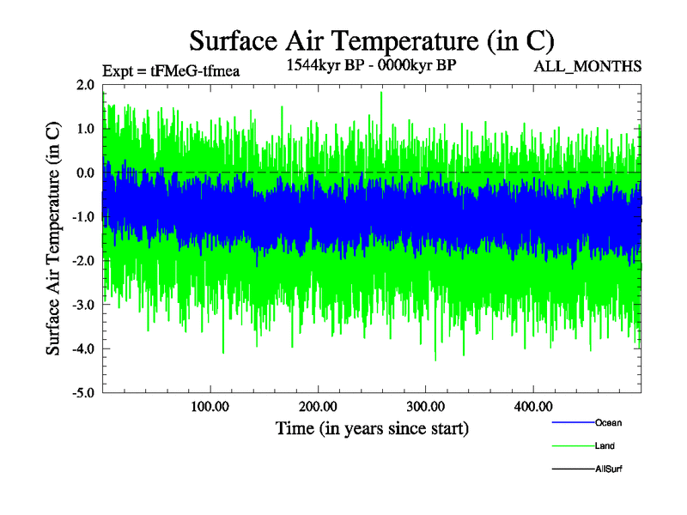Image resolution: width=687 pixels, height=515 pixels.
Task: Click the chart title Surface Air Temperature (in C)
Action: pos(371,39)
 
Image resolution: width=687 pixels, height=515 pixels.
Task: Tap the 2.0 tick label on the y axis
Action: pos(85,85)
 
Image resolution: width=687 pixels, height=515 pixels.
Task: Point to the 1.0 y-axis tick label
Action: pos(85,129)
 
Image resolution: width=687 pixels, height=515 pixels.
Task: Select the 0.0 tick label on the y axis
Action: pos(85,173)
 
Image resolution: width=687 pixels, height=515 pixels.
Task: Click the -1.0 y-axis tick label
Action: pos(83,217)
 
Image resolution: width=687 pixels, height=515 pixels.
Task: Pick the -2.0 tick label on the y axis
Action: pos(83,261)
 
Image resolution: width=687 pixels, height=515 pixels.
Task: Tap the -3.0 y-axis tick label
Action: pos(83,305)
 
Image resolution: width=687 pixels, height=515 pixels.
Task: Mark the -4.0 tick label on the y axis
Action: pos(83,348)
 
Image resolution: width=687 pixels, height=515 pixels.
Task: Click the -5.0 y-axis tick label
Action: pos(83,393)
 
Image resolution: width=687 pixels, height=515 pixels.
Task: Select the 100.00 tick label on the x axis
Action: pos(210,407)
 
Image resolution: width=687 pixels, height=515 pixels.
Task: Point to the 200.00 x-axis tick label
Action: pos(318,407)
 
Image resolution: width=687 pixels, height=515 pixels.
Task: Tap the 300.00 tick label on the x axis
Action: pos(425,407)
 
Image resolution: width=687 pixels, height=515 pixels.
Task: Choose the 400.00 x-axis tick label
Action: pos(532,407)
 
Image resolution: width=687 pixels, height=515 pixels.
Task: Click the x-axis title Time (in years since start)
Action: pos(372,427)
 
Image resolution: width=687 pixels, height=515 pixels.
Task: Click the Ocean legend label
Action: pos(608,423)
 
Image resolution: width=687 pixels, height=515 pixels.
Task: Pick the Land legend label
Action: pos(605,446)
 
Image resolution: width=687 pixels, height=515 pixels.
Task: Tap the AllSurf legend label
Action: pos(609,470)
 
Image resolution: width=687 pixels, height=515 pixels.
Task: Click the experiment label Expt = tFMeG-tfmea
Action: pos(170,70)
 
